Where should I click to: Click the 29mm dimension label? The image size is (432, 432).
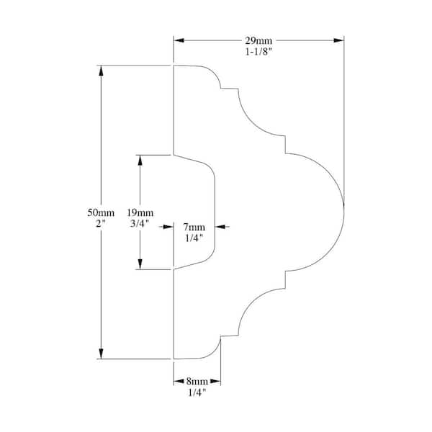coord(258,40)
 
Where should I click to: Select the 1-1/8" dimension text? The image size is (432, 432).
coord(258,52)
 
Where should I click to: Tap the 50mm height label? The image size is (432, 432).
coord(101,212)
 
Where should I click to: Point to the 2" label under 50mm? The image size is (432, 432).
coord(101,224)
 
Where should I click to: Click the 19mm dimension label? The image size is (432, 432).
coord(140,212)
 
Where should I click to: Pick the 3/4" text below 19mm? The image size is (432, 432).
coord(140,224)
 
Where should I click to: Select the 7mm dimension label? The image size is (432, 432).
coord(194,227)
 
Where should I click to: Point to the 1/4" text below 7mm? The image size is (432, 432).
coord(194,238)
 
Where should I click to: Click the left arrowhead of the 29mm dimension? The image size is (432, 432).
coord(178,40)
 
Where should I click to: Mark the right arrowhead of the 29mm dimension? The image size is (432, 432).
coord(339,40)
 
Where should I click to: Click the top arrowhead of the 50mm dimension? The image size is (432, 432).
coord(101,70)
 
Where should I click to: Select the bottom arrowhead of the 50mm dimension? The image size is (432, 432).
coord(101,354)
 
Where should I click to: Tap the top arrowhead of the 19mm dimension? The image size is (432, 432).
coord(140,158)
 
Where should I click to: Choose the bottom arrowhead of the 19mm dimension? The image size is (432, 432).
coord(140,265)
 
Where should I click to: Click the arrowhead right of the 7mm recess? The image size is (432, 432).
coord(220,227)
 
